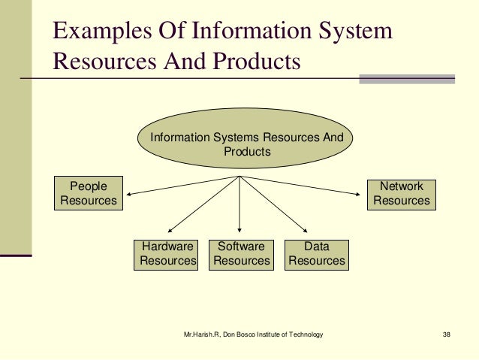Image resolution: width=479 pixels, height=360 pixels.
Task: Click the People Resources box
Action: click(89, 193)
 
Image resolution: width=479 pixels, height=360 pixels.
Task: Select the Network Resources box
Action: click(402, 193)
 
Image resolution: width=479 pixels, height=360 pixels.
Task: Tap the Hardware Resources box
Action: click(166, 254)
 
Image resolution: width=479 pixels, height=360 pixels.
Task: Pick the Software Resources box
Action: click(241, 254)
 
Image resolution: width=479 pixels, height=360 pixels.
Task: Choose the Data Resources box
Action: click(317, 254)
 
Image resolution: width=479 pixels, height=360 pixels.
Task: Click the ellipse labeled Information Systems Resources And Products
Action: click(247, 144)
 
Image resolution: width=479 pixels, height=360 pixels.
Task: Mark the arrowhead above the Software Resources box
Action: click(239, 228)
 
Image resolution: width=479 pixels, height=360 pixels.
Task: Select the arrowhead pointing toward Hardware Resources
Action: click(172, 228)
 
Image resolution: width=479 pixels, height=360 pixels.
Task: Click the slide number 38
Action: click(447, 334)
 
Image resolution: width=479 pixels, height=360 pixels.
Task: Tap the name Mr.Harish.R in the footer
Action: click(202, 334)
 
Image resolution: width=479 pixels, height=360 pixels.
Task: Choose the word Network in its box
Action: click(402, 186)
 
